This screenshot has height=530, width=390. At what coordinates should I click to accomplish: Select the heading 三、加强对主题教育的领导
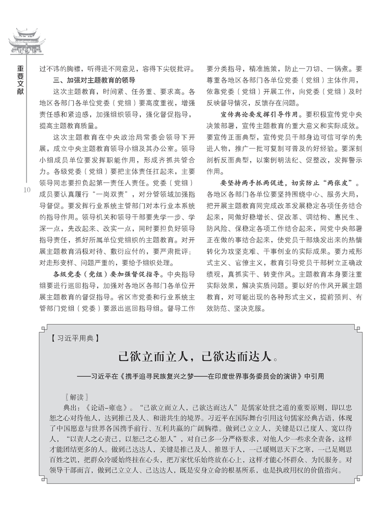(94, 80)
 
